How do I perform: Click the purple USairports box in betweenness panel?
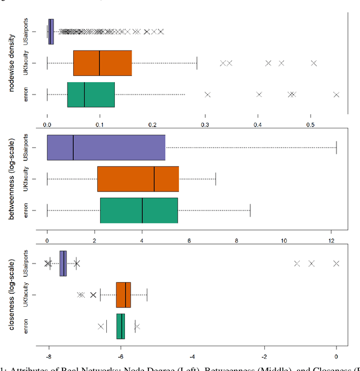click(x=106, y=148)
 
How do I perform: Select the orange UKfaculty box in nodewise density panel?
click(x=102, y=63)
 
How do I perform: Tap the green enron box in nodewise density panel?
click(x=91, y=95)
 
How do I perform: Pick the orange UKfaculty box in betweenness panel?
click(x=138, y=179)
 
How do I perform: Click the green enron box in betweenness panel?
click(x=139, y=210)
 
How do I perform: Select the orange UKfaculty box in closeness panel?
click(x=123, y=294)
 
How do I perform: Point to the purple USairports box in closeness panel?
click(x=63, y=263)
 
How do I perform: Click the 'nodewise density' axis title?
click(x=12, y=63)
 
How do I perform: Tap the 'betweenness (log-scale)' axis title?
click(x=12, y=179)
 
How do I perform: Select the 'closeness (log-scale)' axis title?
click(x=12, y=294)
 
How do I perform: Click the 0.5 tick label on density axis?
click(x=310, y=124)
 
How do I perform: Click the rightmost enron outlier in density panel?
click(x=336, y=95)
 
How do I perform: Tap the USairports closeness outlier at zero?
click(x=336, y=263)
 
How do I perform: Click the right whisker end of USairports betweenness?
click(x=336, y=148)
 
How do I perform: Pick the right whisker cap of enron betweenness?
click(x=250, y=210)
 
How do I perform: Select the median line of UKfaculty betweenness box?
click(x=154, y=179)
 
